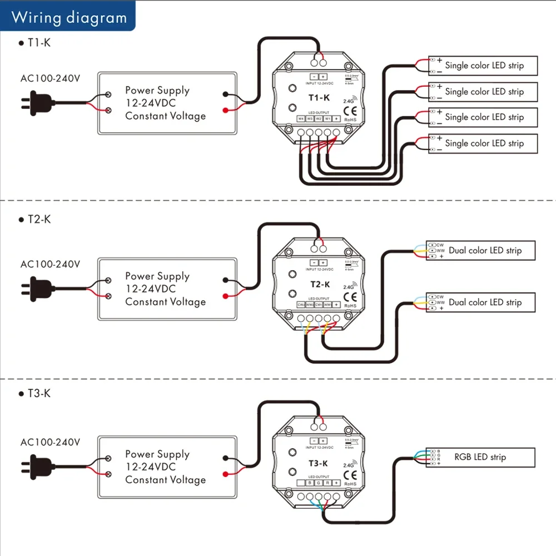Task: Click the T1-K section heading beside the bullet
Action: pos(39,42)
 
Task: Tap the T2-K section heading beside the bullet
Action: pos(39,219)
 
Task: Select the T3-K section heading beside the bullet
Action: pos(39,394)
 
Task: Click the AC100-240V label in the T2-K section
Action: pos(50,264)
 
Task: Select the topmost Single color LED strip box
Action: pos(483,66)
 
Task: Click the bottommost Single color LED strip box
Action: pos(483,143)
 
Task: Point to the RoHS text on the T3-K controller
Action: pos(350,484)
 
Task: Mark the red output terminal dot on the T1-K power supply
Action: pos(225,110)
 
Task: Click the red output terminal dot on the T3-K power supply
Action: pos(225,474)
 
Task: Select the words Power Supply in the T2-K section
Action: pos(157,276)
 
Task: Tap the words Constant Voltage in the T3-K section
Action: pos(165,480)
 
